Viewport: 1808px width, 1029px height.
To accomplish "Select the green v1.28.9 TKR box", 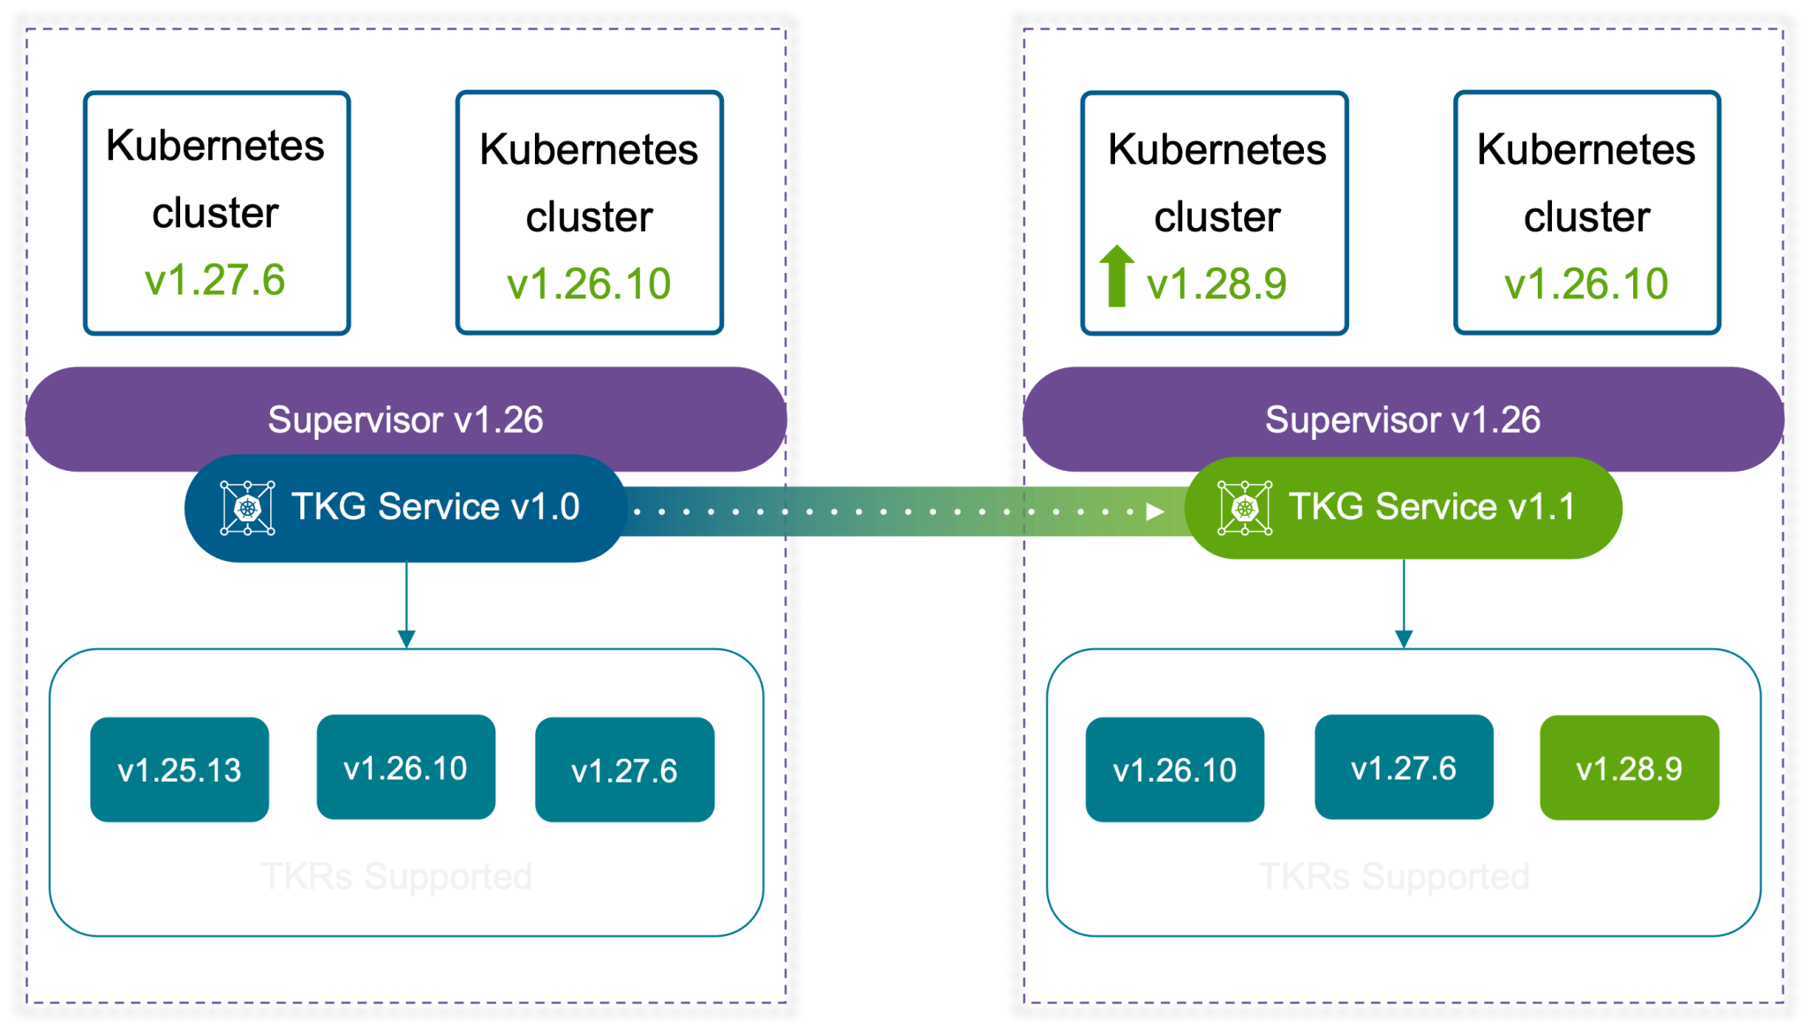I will coord(1629,768).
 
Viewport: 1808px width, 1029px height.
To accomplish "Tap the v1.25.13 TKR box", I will coord(180,769).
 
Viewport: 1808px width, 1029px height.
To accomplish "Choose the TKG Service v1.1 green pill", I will coord(1404,508).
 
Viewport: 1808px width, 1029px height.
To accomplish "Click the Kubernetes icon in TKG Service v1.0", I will coord(247,508).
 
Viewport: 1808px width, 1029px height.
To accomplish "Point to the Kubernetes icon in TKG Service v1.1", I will coord(1245,508).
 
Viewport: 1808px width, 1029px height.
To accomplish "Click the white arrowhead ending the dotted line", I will coord(1155,511).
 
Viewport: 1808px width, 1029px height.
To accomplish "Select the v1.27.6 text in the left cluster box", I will coord(215,280).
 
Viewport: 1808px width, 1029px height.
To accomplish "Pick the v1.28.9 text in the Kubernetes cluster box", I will coord(1217,284).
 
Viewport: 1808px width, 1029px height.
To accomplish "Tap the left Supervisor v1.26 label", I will coord(405,420).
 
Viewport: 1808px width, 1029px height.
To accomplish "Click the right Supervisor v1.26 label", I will coord(1403,420).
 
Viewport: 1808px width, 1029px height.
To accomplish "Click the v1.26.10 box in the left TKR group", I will coord(405,768).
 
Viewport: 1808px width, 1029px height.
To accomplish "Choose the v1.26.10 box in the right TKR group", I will coord(1175,769).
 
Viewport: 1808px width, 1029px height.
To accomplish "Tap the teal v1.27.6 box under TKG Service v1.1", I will coord(1404,768).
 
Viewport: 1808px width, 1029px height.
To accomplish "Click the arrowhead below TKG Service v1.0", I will coord(406,639).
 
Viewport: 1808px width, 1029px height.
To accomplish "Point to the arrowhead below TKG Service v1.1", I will coord(1404,639).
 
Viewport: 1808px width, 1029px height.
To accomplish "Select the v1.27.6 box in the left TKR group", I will coord(625,769).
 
